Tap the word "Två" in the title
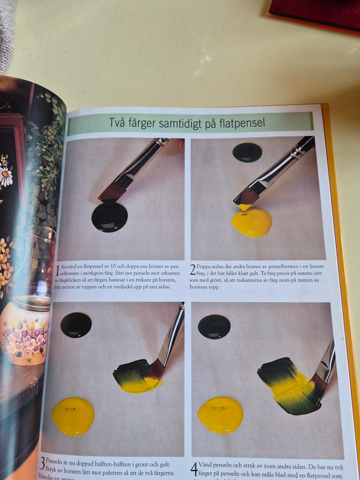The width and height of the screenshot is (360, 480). (x=118, y=123)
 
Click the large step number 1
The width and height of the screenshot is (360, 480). (x=57, y=270)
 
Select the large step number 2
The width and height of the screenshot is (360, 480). (x=193, y=270)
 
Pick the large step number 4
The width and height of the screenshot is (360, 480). (x=194, y=469)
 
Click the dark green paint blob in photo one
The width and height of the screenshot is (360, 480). (x=109, y=217)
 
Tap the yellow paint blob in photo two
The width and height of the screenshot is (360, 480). (x=252, y=222)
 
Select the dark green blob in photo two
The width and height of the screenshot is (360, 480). (x=247, y=152)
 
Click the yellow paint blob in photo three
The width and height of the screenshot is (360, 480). (x=73, y=416)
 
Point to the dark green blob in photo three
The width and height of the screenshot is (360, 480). (x=76, y=325)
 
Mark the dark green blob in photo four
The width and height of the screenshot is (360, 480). (x=214, y=326)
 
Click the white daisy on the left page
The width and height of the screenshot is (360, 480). (x=5, y=176)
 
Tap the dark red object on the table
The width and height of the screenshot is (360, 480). (x=315, y=13)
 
